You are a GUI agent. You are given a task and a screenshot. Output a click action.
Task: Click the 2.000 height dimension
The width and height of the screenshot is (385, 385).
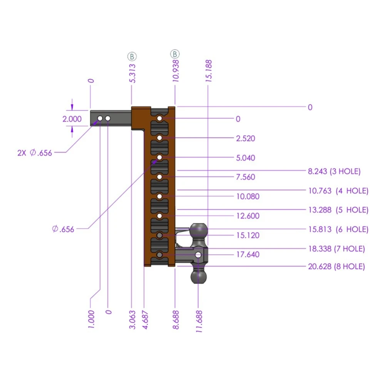click(x=72, y=119)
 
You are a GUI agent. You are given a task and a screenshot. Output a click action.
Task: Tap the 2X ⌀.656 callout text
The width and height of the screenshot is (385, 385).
click(x=35, y=152)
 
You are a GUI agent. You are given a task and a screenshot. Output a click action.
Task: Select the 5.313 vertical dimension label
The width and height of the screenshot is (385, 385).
click(x=132, y=73)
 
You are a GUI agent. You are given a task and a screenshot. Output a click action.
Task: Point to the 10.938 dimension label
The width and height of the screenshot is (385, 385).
click(x=176, y=70)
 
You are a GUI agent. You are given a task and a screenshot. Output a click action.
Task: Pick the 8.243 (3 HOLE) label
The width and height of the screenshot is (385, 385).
click(x=334, y=171)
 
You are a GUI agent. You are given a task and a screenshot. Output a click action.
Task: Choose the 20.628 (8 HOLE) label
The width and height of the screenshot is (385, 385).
click(x=336, y=266)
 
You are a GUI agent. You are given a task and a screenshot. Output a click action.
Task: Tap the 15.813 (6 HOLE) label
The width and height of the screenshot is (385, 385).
click(x=338, y=229)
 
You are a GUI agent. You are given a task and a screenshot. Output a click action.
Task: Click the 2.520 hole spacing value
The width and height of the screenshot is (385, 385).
click(x=245, y=139)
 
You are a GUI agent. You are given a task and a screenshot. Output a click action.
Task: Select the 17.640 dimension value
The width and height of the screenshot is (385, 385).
click(x=247, y=254)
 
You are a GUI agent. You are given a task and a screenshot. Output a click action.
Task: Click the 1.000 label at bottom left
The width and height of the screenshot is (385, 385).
click(x=91, y=318)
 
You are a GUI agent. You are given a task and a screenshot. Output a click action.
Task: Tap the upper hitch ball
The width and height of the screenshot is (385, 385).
click(x=199, y=230)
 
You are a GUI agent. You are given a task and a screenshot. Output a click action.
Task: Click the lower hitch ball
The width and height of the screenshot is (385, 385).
click(x=199, y=276)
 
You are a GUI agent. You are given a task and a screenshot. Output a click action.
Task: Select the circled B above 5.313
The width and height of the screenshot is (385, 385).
click(x=132, y=57)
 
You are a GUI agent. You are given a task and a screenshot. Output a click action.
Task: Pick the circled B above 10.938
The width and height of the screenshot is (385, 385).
click(x=175, y=54)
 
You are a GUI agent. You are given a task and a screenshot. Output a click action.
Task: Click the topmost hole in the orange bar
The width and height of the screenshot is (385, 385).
click(x=159, y=118)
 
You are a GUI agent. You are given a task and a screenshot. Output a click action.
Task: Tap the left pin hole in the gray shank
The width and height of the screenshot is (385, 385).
click(x=100, y=118)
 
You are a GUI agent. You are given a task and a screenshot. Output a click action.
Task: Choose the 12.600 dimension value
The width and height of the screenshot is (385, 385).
click(x=247, y=216)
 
